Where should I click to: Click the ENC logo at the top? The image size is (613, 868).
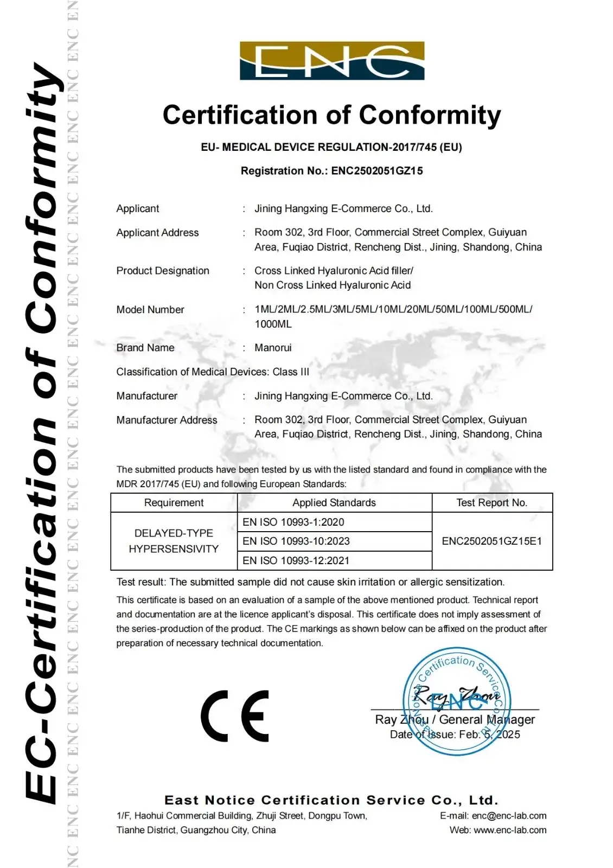332,61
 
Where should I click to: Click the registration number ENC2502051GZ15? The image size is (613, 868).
377,171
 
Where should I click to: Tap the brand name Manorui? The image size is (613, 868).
273,348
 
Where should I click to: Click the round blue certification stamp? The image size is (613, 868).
457,701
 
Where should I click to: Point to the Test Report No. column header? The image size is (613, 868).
491,503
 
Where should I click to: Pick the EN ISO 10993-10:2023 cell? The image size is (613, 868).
296,541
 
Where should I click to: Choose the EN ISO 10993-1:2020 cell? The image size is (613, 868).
293,522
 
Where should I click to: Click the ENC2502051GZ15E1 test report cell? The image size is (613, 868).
491,541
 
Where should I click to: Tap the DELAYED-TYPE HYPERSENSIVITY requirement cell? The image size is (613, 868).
174,541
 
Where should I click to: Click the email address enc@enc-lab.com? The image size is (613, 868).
509,815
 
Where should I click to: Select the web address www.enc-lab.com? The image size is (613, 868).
510,830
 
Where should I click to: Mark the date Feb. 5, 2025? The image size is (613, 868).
489,735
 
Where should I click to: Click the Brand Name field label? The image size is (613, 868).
145,348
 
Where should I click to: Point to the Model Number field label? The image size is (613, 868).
150,310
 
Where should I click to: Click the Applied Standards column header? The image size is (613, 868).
334,503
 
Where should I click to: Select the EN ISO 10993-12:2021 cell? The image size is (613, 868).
296,560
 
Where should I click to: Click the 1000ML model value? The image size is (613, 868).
273,324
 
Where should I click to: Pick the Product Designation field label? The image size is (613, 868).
163,271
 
